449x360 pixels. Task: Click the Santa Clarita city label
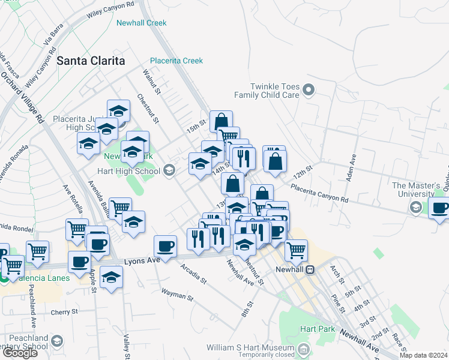click(91, 61)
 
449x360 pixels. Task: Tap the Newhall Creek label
click(142, 23)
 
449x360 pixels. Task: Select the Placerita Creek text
click(176, 61)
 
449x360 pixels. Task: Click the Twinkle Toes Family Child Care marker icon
click(309, 91)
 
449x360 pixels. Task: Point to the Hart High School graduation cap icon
click(169, 171)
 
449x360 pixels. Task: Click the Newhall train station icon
click(310, 270)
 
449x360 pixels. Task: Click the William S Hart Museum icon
click(304, 349)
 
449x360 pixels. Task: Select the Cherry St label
click(64, 311)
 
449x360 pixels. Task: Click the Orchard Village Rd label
click(23, 99)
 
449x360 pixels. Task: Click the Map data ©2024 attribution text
click(423, 355)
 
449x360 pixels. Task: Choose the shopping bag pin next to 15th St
click(221, 121)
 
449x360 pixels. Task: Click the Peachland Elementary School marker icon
click(56, 341)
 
